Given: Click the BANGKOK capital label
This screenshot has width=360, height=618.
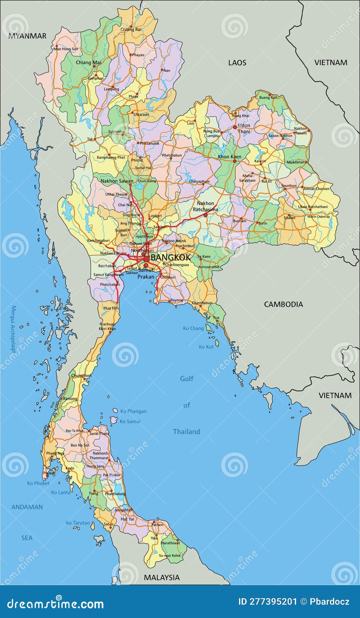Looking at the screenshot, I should [x=170, y=257].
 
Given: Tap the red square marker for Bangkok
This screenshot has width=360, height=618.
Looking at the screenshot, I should [x=146, y=259].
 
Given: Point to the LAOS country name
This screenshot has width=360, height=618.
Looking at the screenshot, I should [x=237, y=63].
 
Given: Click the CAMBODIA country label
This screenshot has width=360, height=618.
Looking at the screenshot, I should [x=283, y=304].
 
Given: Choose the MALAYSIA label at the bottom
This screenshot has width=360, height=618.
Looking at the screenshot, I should [x=162, y=577].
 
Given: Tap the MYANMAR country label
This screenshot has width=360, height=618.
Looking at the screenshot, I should [x=27, y=36].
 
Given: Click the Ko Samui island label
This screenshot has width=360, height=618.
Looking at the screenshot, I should [x=130, y=421].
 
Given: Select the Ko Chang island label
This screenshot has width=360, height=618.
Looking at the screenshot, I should [x=193, y=328].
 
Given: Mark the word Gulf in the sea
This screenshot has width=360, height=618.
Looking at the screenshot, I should [x=186, y=378].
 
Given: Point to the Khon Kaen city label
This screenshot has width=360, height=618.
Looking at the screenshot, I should [x=230, y=157].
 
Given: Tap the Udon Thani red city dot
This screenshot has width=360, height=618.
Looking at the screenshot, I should [x=235, y=127].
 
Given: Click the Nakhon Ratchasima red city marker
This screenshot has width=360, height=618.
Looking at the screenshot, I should [x=205, y=215].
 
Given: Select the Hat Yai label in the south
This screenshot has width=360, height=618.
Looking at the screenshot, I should [x=127, y=519].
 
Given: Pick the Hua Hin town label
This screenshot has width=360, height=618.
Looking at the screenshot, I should [x=111, y=308].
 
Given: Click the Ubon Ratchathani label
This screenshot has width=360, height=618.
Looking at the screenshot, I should [x=313, y=207].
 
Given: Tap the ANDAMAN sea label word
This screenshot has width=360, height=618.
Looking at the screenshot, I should [x=27, y=507].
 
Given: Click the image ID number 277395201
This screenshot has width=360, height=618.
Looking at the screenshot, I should [x=268, y=602].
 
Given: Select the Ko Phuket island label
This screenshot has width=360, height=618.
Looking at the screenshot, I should [x=38, y=483].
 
